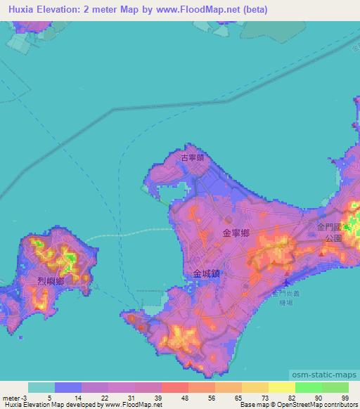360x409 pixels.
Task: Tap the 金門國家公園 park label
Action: click(x=331, y=233)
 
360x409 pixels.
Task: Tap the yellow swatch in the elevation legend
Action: click(x=281, y=387)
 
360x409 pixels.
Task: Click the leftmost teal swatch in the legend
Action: click(x=41, y=387)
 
